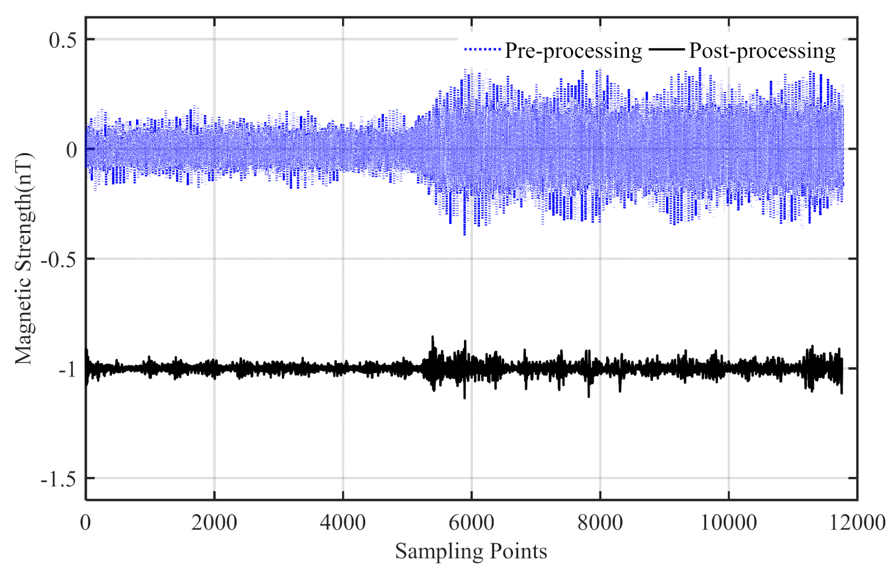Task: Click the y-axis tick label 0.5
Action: [x=63, y=40]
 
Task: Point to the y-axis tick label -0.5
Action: [x=59, y=259]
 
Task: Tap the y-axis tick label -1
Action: [x=67, y=370]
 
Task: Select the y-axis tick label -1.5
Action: [x=59, y=479]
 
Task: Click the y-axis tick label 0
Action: [x=71, y=150]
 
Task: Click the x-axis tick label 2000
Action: [x=214, y=522]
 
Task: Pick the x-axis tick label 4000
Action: [x=343, y=522]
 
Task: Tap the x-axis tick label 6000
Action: [x=471, y=522]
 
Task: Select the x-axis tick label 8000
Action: [x=600, y=522]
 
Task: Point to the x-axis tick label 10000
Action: [x=729, y=522]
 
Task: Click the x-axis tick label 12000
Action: [x=857, y=522]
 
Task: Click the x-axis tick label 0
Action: [x=86, y=522]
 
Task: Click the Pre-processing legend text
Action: [x=573, y=51]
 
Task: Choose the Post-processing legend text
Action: [x=762, y=51]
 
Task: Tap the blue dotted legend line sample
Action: [x=482, y=50]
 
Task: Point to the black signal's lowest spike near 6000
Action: [x=465, y=398]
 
